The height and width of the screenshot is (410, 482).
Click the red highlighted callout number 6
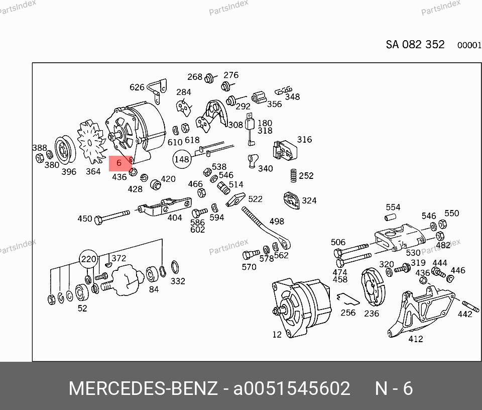pyautogui.click(x=119, y=163)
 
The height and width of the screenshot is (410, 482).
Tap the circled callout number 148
pyautogui.click(x=182, y=159)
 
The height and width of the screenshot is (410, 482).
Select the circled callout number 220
pyautogui.click(x=88, y=259)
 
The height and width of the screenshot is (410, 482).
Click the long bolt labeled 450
pyautogui.click(x=112, y=217)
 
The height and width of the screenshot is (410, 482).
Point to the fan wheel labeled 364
pyautogui.click(x=91, y=142)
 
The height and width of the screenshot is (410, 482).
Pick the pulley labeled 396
pyautogui.click(x=65, y=150)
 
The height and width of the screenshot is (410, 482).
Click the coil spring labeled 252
pyautogui.click(x=294, y=176)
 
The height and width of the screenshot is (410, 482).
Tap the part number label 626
pyautogui.click(x=137, y=87)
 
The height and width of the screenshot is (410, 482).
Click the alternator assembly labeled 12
pyautogui.click(x=301, y=307)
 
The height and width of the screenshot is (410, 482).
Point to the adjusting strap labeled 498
pyautogui.click(x=266, y=228)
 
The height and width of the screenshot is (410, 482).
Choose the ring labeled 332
pyautogui.click(x=175, y=267)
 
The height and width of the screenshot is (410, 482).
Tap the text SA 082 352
pyautogui.click(x=415, y=45)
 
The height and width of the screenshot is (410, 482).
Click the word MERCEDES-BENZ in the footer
pyautogui.click(x=143, y=388)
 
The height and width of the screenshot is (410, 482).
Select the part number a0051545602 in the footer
pyautogui.click(x=291, y=388)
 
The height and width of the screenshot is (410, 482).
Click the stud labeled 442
pyautogui.click(x=470, y=306)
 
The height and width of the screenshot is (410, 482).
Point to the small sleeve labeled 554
pyautogui.click(x=390, y=218)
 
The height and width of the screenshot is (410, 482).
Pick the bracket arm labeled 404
pyautogui.click(x=165, y=207)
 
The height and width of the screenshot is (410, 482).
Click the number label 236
pyautogui.click(x=372, y=314)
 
